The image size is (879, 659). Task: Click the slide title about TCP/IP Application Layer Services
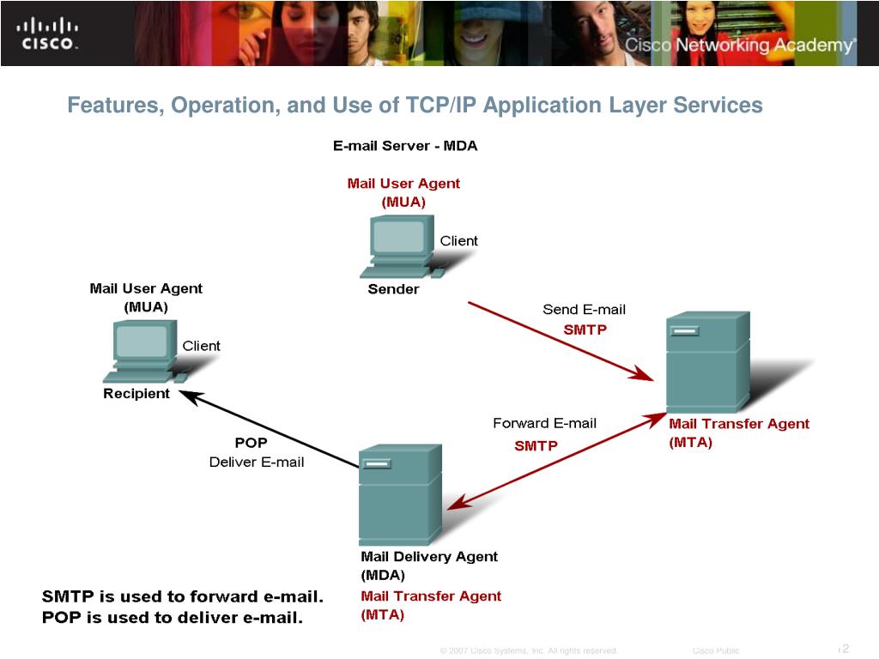pos(415,106)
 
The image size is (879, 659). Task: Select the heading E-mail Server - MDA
pos(405,146)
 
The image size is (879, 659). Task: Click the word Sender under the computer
pos(393,289)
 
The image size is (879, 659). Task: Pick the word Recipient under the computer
pos(136,394)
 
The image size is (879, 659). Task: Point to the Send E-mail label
pos(584,310)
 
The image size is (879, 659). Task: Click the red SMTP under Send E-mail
pos(585,329)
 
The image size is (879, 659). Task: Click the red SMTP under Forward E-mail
pos(536,445)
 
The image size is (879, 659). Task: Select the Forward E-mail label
pos(544,423)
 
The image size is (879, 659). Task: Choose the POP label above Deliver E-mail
pos(251,443)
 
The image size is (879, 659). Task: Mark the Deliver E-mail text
pos(256,463)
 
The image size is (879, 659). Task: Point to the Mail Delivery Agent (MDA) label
pos(428,565)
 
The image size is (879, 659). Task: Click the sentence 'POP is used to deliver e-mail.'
pos(173,617)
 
